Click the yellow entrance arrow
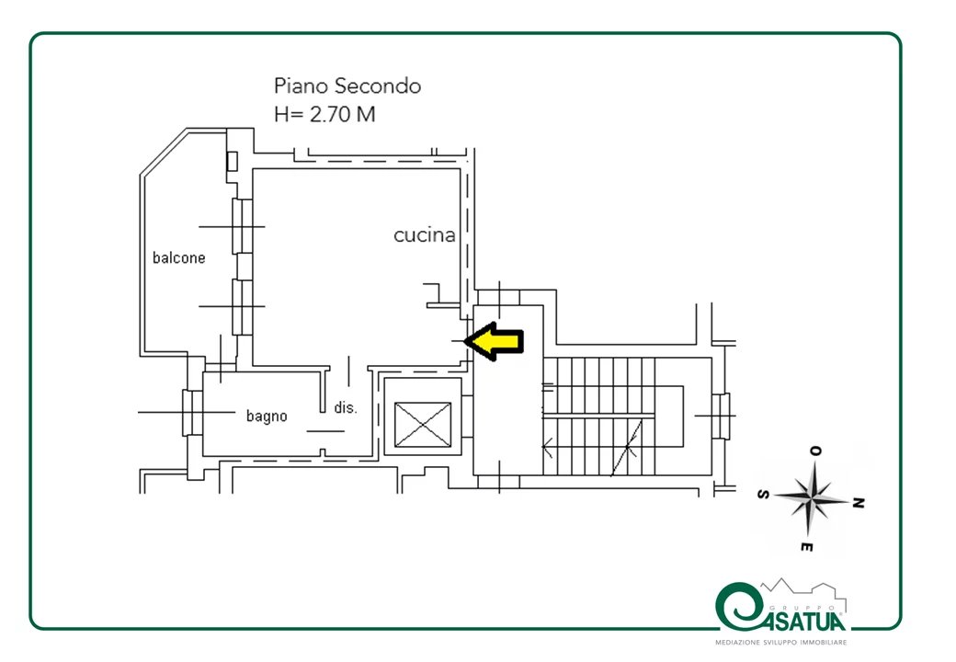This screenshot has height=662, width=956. click(494, 341)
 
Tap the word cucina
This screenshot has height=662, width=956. click(425, 235)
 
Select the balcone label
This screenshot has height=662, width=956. click(178, 257)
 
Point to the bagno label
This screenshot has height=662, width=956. click(267, 417)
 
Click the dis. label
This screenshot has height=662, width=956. click(345, 408)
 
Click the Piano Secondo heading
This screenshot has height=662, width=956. click(347, 86)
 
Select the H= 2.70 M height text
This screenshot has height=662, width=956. click(324, 114)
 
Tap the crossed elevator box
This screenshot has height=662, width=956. click(423, 425)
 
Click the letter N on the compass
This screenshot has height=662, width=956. click(858, 503)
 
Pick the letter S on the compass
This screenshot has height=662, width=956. click(763, 495)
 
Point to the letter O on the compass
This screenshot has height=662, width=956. click(815, 451)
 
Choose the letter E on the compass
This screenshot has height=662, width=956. click(806, 547)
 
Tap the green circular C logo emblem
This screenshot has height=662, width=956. click(736, 607)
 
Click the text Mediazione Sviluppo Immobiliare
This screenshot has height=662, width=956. click(780, 643)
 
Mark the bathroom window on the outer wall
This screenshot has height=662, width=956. click(192, 413)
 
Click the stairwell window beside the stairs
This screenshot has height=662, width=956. click(722, 417)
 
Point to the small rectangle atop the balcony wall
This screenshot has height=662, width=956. click(232, 162)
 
